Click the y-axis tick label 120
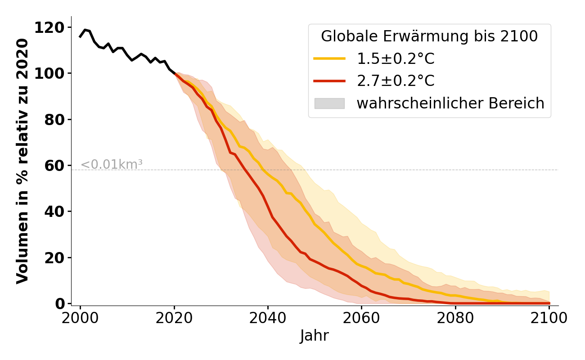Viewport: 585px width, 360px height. (x=50, y=28)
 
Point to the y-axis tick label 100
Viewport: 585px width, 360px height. (x=50, y=74)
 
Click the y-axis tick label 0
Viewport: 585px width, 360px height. (x=60, y=304)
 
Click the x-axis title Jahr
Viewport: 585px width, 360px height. (x=315, y=336)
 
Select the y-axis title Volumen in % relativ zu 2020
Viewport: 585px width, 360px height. (x=22, y=161)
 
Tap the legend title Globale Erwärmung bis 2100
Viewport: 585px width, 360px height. (x=429, y=36)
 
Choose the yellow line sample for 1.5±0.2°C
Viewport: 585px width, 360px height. (x=329, y=59)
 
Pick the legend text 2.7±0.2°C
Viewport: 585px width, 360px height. (x=396, y=81)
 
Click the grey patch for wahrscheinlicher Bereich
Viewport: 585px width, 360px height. (x=329, y=103)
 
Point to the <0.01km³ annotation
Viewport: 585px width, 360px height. (x=112, y=165)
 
